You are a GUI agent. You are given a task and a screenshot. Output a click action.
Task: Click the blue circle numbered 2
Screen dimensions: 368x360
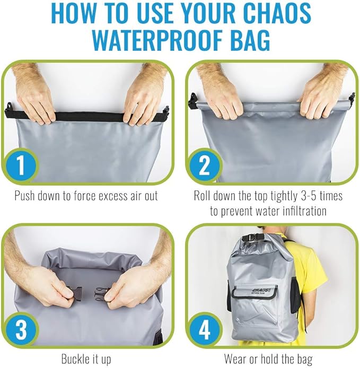(x=204, y=167)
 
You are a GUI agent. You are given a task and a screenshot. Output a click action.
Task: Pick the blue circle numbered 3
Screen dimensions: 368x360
(x=19, y=329)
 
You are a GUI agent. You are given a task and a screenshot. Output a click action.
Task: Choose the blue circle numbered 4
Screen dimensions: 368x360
(x=204, y=329)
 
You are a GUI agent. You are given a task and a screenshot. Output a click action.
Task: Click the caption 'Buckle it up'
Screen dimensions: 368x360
(x=86, y=358)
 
